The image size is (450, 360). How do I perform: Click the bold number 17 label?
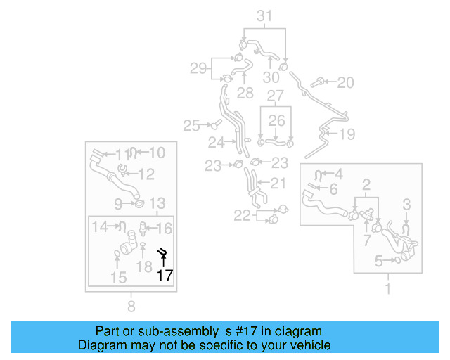pos(165,276)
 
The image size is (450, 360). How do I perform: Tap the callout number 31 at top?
pos(264,16)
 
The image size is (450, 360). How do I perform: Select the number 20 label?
pos(345,83)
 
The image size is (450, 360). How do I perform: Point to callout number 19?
pos(347,134)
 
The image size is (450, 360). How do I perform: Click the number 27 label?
pos(275,95)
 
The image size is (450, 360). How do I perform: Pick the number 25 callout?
pos(192,126)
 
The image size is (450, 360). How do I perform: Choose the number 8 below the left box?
pos(131,306)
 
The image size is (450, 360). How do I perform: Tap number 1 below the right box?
pos(387,288)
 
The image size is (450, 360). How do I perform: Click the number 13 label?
pos(157,204)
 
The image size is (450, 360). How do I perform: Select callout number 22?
pos(242,216)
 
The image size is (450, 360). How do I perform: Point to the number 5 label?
pos(378,262)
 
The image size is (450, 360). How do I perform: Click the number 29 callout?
pos(198,68)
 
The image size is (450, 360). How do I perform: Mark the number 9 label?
pos(119,204)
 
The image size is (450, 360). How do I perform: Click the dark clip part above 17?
pos(162,252)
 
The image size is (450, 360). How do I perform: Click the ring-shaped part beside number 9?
pos(139,204)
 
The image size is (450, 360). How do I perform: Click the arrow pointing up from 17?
pos(164,263)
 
